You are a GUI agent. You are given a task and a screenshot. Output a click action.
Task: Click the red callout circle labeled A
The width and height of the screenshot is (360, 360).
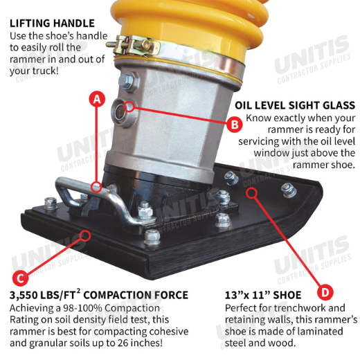(x=97, y=99)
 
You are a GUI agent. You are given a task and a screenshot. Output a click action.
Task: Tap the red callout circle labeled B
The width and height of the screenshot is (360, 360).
(x=235, y=125)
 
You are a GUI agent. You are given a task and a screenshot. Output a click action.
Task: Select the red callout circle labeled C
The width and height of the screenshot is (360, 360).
(x=20, y=278)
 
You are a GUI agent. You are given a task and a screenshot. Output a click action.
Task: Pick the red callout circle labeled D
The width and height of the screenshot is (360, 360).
(x=325, y=293)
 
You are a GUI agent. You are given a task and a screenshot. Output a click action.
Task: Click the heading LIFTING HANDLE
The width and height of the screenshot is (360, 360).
(x=52, y=24)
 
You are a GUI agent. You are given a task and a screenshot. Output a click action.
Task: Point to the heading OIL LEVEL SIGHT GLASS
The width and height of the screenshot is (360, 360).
(x=295, y=105)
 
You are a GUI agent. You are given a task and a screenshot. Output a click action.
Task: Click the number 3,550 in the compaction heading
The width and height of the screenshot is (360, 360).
(x=23, y=296)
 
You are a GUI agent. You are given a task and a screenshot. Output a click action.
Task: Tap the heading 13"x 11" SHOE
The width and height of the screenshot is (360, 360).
(x=263, y=295)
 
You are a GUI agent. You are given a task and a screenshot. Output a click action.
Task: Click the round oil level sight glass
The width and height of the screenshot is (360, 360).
(x=120, y=112)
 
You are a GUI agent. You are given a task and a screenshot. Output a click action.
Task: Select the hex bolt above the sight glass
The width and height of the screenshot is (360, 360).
(x=127, y=81)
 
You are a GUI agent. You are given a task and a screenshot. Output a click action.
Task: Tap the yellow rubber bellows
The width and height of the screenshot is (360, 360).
(x=189, y=26)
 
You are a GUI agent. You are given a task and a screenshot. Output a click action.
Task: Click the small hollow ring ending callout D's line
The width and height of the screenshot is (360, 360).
(x=251, y=193)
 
